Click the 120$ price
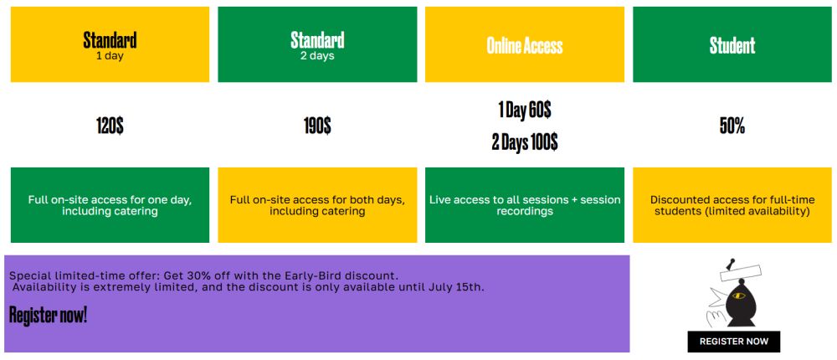click(x=110, y=126)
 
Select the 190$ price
click(x=317, y=126)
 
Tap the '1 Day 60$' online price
click(x=525, y=110)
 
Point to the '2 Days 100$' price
click(x=525, y=142)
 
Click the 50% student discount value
click(x=732, y=126)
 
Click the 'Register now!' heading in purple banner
click(x=48, y=315)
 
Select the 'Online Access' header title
click(x=525, y=45)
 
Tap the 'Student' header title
click(x=732, y=45)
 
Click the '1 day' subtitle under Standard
click(x=110, y=55)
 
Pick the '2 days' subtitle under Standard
click(x=317, y=55)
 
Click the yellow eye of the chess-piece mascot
click(x=739, y=296)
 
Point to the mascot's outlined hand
click(x=716, y=318)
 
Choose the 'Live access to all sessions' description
click(x=500, y=200)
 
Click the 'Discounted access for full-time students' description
click(x=732, y=206)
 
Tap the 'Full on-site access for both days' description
click(x=317, y=200)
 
